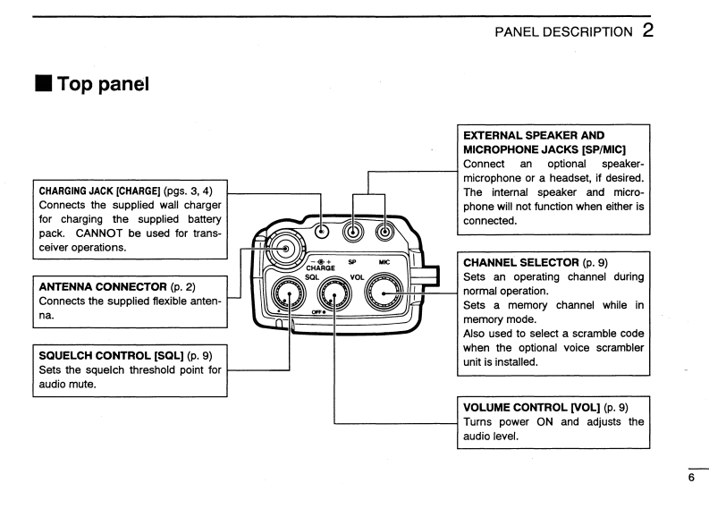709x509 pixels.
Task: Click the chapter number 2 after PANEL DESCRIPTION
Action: point(647,31)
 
